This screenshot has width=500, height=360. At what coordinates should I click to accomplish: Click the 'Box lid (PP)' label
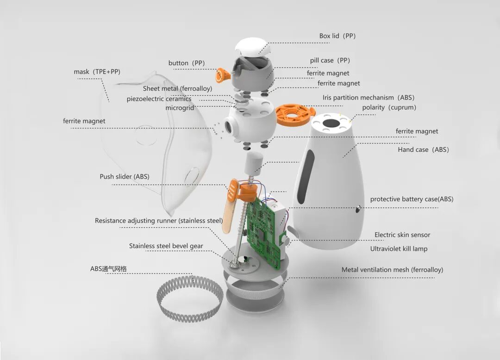pyautogui.click(x=337, y=36)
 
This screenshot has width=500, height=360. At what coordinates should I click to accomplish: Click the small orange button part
pyautogui.click(x=223, y=74)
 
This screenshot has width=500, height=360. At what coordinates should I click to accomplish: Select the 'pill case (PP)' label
pyautogui.click(x=330, y=61)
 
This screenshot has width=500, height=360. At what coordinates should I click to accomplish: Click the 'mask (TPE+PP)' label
pyautogui.click(x=97, y=72)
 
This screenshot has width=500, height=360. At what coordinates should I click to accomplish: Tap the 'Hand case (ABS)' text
pyautogui.click(x=423, y=150)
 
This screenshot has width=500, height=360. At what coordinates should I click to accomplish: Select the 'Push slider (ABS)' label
pyautogui.click(x=125, y=177)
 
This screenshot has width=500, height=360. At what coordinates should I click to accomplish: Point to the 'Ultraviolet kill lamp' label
pyautogui.click(x=399, y=249)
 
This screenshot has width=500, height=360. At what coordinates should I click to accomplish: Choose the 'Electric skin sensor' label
pyautogui.click(x=402, y=235)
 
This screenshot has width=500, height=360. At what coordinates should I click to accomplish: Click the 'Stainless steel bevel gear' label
pyautogui.click(x=166, y=246)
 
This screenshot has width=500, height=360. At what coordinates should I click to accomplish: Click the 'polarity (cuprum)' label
pyautogui.click(x=389, y=107)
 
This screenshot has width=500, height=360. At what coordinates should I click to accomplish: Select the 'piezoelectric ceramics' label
pyautogui.click(x=159, y=99)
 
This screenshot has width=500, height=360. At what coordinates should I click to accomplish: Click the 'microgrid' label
pyautogui.click(x=178, y=108)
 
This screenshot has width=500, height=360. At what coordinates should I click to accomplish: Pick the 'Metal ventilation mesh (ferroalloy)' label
pyautogui.click(x=392, y=270)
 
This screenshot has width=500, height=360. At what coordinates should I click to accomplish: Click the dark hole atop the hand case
pyautogui.click(x=330, y=124)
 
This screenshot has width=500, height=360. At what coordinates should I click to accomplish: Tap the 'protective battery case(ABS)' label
pyautogui.click(x=412, y=199)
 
